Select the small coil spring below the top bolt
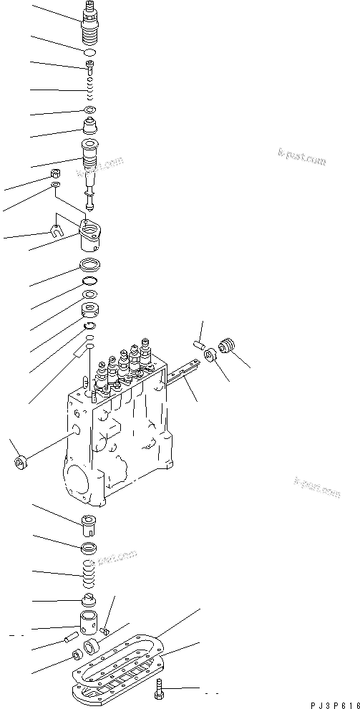pos(89,91)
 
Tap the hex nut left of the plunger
pos(56,174)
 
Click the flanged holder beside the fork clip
pos(92,234)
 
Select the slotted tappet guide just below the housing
pos(89,527)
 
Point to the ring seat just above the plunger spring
pos(89,551)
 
